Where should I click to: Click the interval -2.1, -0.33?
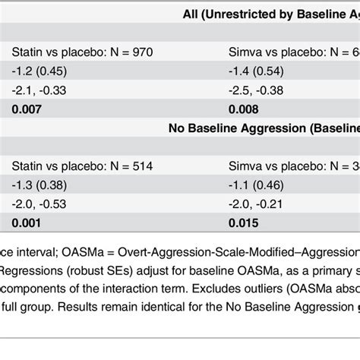pyautogui.click(x=38, y=90)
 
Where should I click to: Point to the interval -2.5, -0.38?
pyautogui.click(x=257, y=90)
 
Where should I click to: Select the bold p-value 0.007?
pyautogui.click(x=27, y=109)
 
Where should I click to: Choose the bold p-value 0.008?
pyautogui.click(x=245, y=109)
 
